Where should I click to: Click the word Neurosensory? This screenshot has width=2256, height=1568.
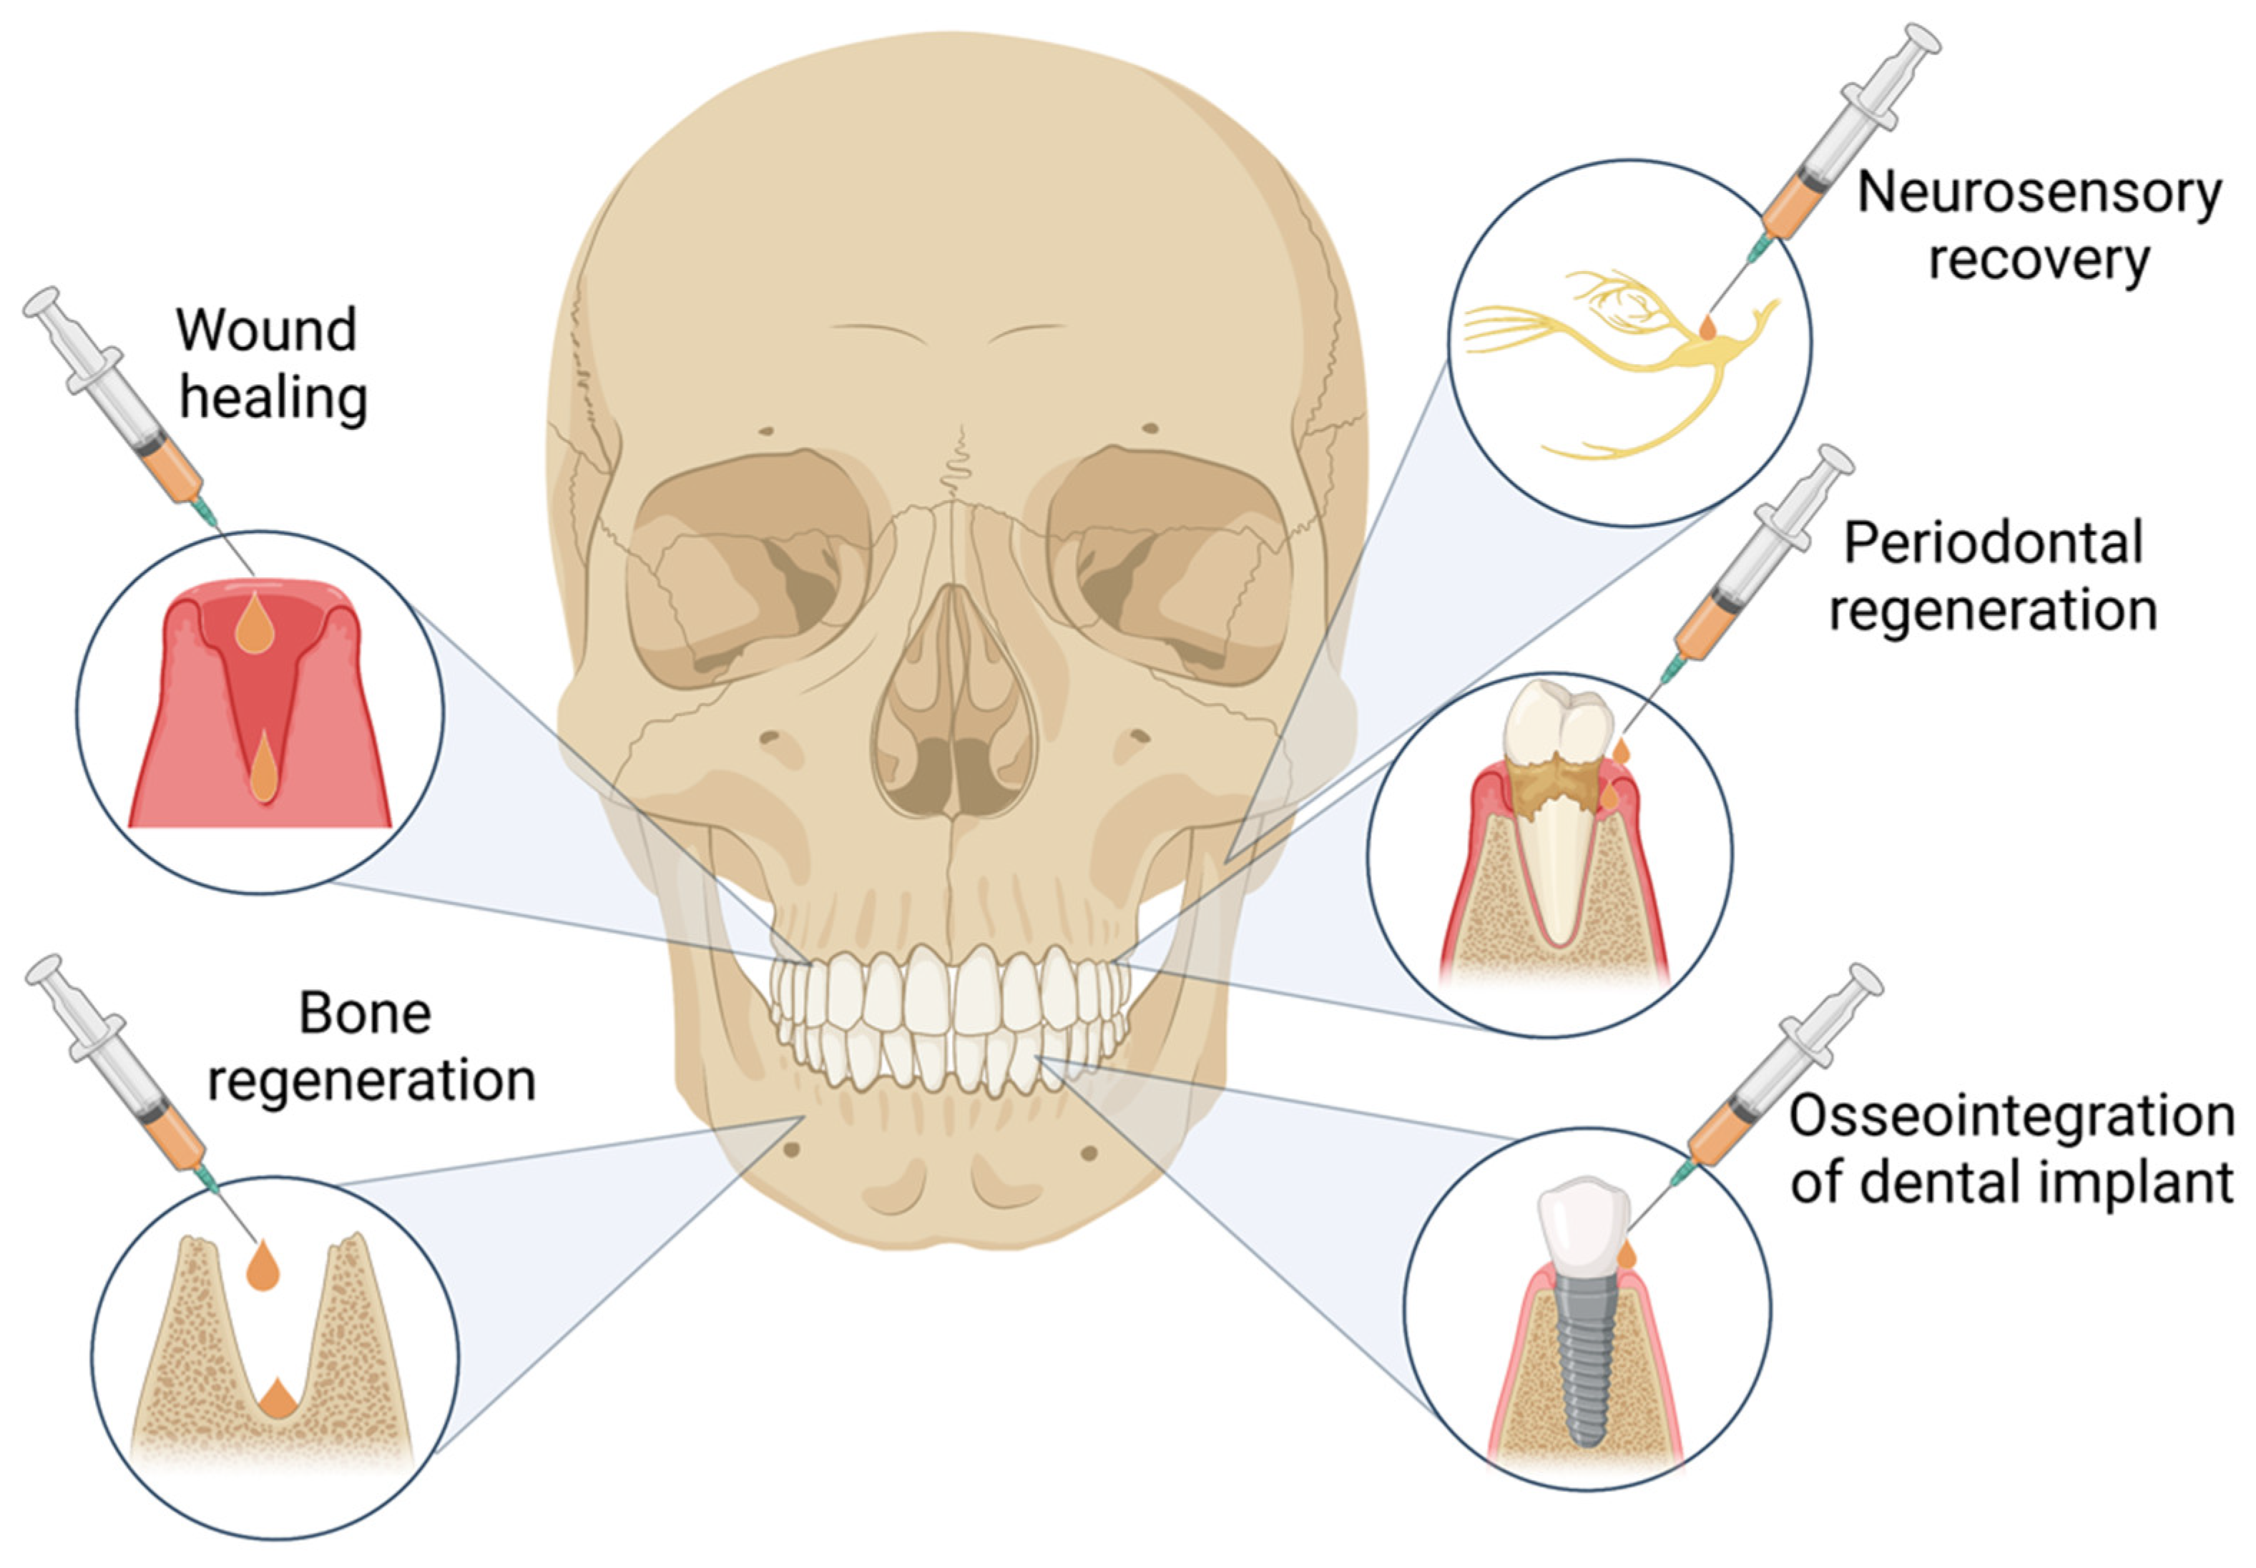tap(2038, 195)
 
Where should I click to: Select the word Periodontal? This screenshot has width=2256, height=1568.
tap(1993, 544)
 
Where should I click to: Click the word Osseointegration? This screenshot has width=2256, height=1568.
tap(2011, 1117)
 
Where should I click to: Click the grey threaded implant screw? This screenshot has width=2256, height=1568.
tap(1584, 1361)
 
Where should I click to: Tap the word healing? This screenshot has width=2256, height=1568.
tap(274, 398)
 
